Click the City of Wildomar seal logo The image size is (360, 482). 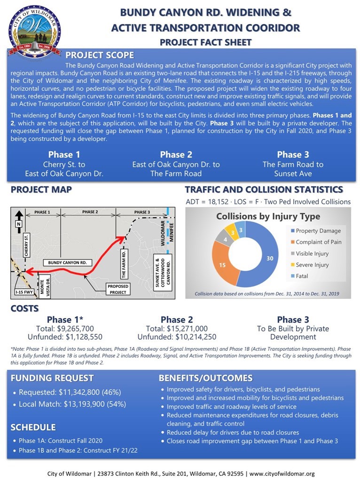pyautogui.click(x=34, y=31)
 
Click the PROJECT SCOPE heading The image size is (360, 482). pyautogui.click(x=100, y=55)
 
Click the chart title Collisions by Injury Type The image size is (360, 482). pyautogui.click(x=268, y=217)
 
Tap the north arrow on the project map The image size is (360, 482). pyautogui.click(x=18, y=218)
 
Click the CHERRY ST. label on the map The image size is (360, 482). pyautogui.click(x=27, y=245)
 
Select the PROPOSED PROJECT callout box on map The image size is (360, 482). pyautogui.click(x=118, y=289)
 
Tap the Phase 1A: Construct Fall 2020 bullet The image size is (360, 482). pyautogui.click(x=61, y=441)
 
